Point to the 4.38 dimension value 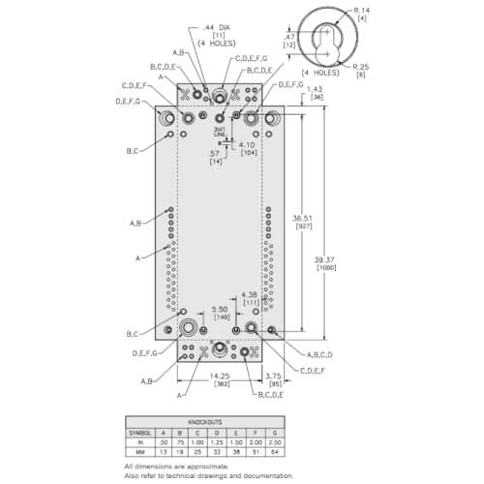250,294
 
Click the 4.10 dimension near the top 249,146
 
